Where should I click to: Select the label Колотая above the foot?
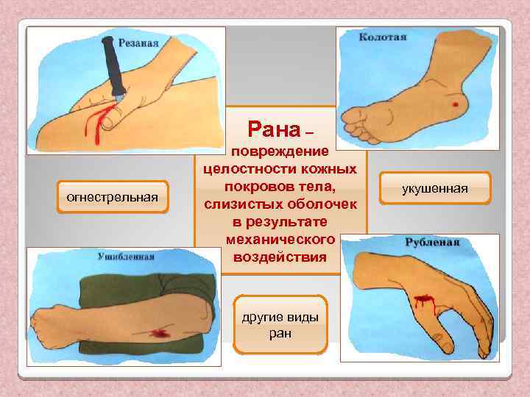click(x=383, y=36)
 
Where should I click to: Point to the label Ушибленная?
click(x=126, y=257)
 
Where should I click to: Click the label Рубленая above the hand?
click(x=432, y=242)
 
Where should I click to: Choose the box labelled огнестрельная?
click(x=113, y=197)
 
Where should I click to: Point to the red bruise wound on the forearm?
click(x=156, y=333)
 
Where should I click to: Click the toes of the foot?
click(x=360, y=126)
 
